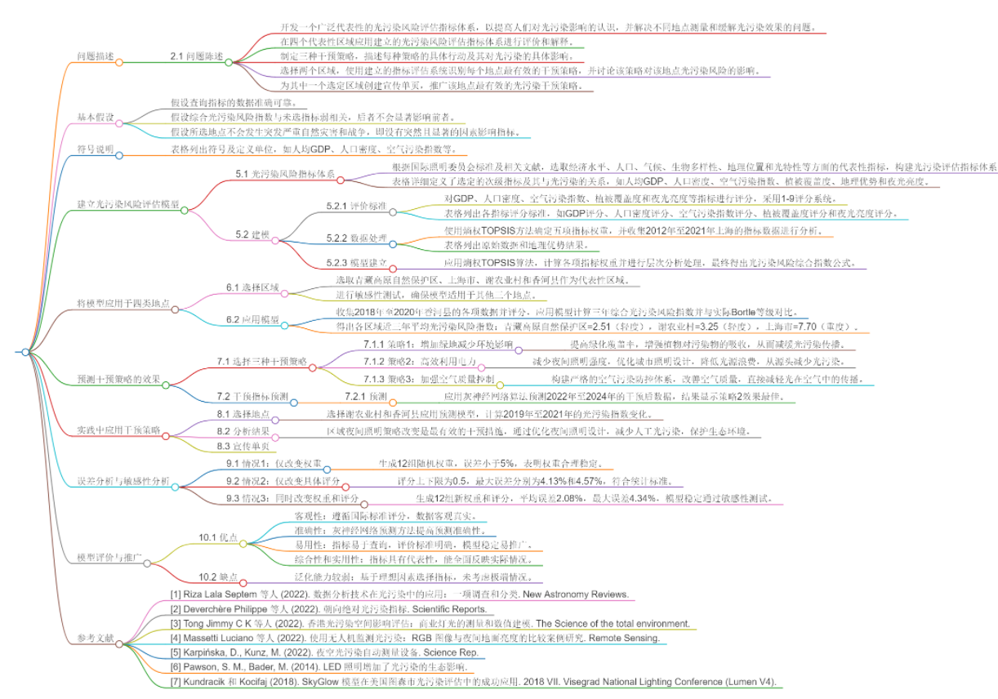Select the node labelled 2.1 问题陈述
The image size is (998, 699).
(x=197, y=56)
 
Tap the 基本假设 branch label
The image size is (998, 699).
(x=96, y=117)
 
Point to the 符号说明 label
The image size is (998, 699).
(x=96, y=150)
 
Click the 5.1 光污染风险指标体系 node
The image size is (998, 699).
(x=286, y=174)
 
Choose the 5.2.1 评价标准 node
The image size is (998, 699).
(x=357, y=207)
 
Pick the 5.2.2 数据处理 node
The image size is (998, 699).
(x=357, y=238)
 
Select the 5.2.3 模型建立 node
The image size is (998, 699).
(x=357, y=264)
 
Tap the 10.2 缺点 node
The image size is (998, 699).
(x=217, y=577)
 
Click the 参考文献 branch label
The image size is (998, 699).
(x=96, y=639)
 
